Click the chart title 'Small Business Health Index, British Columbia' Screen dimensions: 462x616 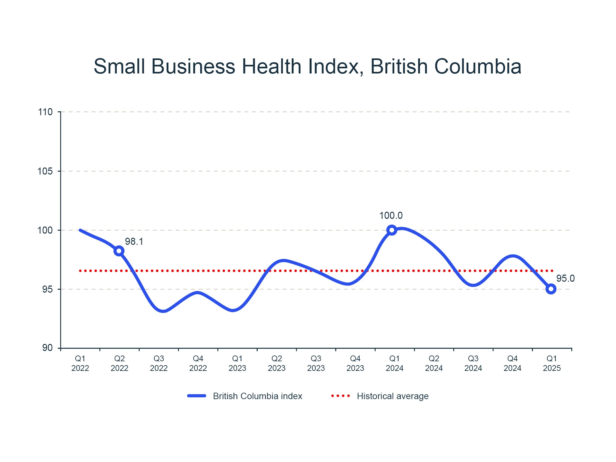(x=307, y=66)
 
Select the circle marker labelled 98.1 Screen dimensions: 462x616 (x=119, y=251)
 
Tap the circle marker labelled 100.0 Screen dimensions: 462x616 (x=391, y=230)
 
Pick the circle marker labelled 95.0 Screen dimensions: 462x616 (x=551, y=289)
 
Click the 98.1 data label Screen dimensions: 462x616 (x=134, y=242)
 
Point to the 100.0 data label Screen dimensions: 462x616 (x=391, y=216)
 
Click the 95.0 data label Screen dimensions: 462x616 (x=565, y=278)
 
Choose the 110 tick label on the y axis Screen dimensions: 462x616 (x=45, y=112)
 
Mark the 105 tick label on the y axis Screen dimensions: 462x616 (x=45, y=171)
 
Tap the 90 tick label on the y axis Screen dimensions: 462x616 (x=47, y=348)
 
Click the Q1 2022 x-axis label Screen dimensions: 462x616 (x=80, y=363)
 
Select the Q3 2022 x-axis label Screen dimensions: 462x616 (x=159, y=363)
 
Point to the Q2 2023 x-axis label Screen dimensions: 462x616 (x=277, y=363)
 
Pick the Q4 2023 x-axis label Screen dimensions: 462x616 (x=355, y=363)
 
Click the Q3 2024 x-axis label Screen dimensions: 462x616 (x=473, y=363)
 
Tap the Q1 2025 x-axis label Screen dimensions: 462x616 (x=552, y=363)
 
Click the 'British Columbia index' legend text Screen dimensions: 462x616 (x=258, y=396)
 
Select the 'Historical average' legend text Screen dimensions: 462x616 (x=393, y=396)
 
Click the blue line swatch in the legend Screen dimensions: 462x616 (x=197, y=396)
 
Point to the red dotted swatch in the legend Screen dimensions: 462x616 (x=340, y=396)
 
